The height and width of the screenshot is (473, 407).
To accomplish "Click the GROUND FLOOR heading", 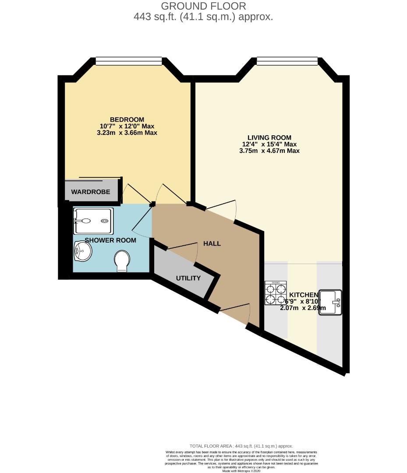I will pyautogui.click(x=203, y=6).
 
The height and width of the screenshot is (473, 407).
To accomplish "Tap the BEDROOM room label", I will pyautogui.click(x=127, y=120).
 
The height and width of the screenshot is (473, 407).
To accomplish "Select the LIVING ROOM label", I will pyautogui.click(x=269, y=138).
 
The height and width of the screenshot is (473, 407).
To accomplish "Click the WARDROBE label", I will pyautogui.click(x=91, y=192).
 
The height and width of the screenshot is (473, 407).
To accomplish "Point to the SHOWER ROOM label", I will pyautogui.click(x=110, y=240).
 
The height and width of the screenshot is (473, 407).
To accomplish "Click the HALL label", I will pyautogui.click(x=212, y=244).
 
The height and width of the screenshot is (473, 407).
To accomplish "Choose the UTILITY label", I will pyautogui.click(x=188, y=278).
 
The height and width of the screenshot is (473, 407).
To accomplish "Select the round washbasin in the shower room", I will pyautogui.click(x=83, y=251).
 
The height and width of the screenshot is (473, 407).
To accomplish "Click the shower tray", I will pyautogui.click(x=93, y=221).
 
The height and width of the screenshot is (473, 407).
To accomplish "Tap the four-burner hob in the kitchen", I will pyautogui.click(x=276, y=293).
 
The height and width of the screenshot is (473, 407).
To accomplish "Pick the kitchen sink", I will pyautogui.click(x=330, y=302).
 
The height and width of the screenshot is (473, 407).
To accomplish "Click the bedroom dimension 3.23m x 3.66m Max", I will pyautogui.click(x=127, y=133).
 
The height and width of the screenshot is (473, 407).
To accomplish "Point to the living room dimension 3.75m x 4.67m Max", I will pyautogui.click(x=269, y=151).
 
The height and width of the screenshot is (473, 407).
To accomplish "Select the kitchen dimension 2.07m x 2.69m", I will pyautogui.click(x=303, y=308).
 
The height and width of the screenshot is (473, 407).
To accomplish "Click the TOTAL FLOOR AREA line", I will pyautogui.click(x=241, y=446).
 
